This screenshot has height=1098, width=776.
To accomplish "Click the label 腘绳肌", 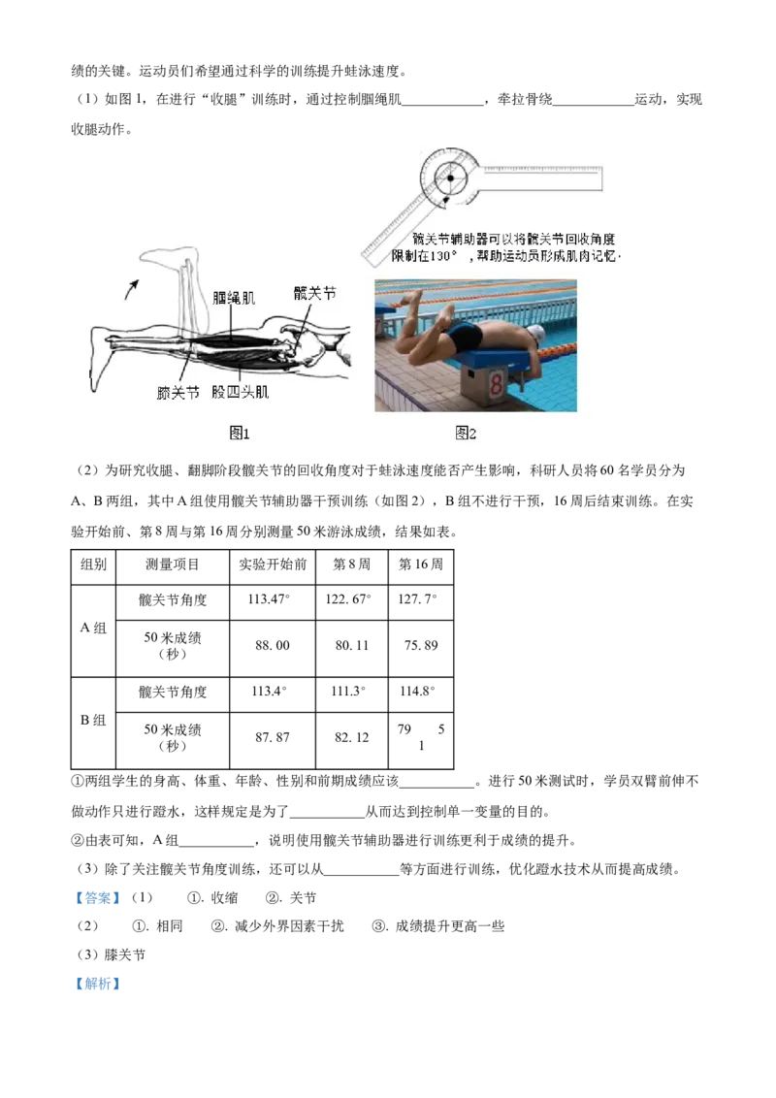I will tap(234, 300).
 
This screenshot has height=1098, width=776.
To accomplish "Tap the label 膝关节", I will tap(178, 393).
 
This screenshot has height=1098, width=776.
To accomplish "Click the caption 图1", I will tap(240, 434).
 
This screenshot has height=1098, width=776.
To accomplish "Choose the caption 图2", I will tap(466, 434).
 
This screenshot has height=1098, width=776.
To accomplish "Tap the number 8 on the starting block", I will tap(496, 385).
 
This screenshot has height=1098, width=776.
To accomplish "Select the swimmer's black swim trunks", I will tap(465, 338).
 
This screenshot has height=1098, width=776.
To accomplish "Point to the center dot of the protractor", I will tap(451, 178).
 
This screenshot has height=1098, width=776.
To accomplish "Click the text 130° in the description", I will tap(444, 257).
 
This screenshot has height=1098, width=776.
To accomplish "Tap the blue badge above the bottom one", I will tap(97, 897).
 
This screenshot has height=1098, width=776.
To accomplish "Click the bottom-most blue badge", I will tap(97, 983).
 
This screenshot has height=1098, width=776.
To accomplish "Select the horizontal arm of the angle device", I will tap(543, 178).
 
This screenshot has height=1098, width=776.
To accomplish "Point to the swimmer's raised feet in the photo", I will tap(414, 296).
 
